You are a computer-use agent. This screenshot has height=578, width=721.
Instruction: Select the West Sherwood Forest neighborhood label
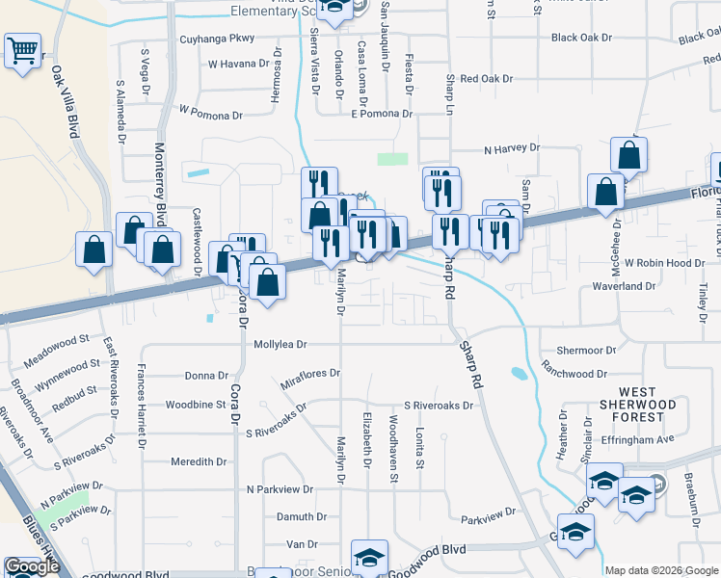[x=631, y=409]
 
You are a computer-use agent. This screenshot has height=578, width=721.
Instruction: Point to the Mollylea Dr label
[x=280, y=344]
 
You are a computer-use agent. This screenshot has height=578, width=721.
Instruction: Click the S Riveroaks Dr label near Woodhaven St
[x=439, y=406]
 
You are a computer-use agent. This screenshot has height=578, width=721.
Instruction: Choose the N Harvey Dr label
[x=512, y=149]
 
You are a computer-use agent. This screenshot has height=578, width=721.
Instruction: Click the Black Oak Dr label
[x=582, y=38]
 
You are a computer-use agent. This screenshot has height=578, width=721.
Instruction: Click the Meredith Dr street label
[x=199, y=461]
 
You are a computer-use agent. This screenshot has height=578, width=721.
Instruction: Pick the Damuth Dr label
[x=297, y=517]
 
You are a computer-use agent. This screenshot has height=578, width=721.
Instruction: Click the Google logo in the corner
[x=32, y=566]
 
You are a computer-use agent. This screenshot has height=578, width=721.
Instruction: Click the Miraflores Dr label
[x=310, y=379]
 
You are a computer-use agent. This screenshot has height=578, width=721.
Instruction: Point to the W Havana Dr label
[x=239, y=65]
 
